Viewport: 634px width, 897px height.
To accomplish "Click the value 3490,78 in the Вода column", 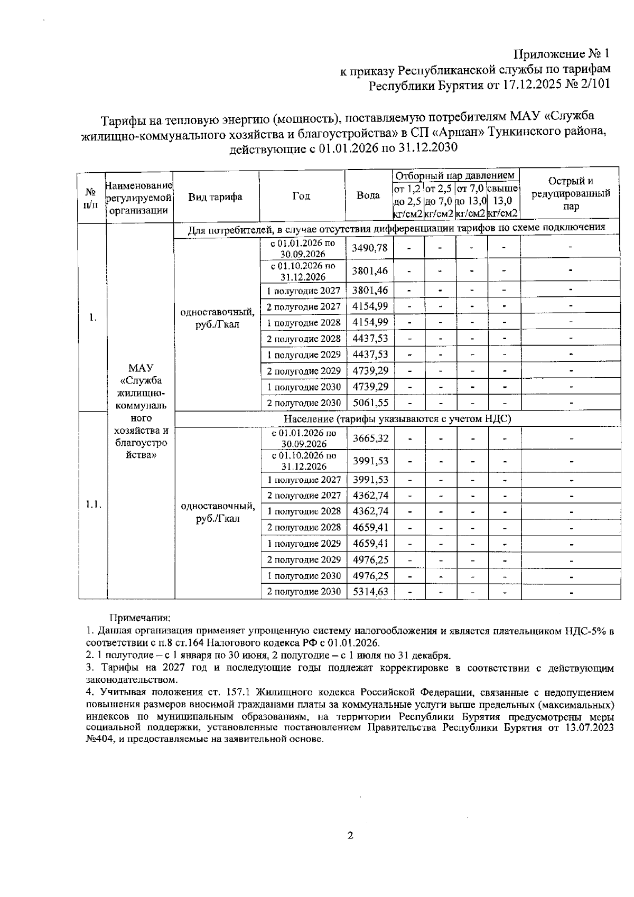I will pyautogui.click(x=370, y=248).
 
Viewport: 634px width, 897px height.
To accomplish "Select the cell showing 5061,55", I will pyautogui.click(x=370, y=403).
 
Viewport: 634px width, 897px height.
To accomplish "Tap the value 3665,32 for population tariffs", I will pyautogui.click(x=370, y=438).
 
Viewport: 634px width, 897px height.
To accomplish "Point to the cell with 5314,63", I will pyautogui.click(x=370, y=592).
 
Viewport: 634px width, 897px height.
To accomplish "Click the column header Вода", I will pyautogui.click(x=368, y=196).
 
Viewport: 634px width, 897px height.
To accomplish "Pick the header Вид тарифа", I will pyautogui.click(x=215, y=197).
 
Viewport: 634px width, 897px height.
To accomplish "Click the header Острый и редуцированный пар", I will pyautogui.click(x=571, y=194).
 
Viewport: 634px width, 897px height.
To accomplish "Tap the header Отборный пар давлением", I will pyautogui.click(x=455, y=175).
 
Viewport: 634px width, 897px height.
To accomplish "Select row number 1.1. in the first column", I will pyautogui.click(x=93, y=504).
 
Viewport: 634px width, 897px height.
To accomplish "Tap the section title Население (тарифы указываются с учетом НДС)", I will pyautogui.click(x=397, y=419).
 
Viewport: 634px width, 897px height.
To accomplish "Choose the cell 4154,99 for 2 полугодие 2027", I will pyautogui.click(x=370, y=306).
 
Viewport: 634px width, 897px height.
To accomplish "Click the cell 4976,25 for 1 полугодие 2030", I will pyautogui.click(x=370, y=575).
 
